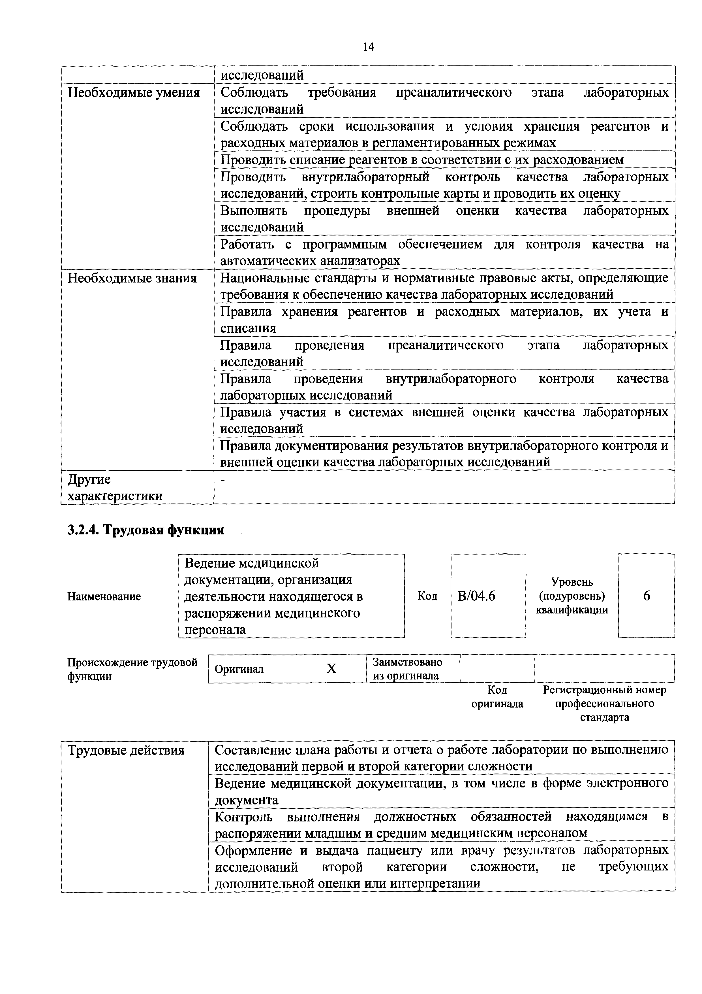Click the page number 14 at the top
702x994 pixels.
pyautogui.click(x=368, y=47)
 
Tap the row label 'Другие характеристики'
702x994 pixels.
pyautogui.click(x=115, y=487)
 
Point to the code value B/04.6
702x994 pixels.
pyautogui.click(x=476, y=596)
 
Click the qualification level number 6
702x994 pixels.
pyautogui.click(x=646, y=596)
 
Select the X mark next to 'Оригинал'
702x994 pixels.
pyautogui.click(x=331, y=669)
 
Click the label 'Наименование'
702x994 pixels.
pyautogui.click(x=104, y=596)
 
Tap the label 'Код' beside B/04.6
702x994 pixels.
pyautogui.click(x=427, y=596)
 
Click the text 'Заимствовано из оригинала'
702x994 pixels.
pyautogui.click(x=407, y=669)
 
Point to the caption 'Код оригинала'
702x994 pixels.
pyautogui.click(x=497, y=696)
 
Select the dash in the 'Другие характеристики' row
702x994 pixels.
pyautogui.click(x=223, y=479)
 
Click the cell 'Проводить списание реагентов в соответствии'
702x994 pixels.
pyautogui.click(x=422, y=160)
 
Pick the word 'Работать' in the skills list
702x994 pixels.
pyautogui.click(x=247, y=244)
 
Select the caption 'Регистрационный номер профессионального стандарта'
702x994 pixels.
pyautogui.click(x=604, y=704)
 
